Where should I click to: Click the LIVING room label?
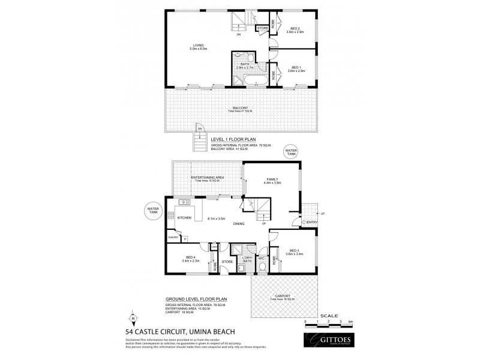pyautogui.click(x=199, y=45)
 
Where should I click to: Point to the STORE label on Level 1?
pyautogui.click(x=263, y=28)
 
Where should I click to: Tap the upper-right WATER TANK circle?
pyautogui.click(x=292, y=152)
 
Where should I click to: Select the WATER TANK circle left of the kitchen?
pyautogui.click(x=152, y=211)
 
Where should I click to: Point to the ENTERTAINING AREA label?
pyautogui.click(x=208, y=178)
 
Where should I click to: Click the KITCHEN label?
pyautogui.click(x=184, y=218)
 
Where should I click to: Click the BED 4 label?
pyautogui.click(x=182, y=258)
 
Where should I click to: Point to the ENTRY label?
pyautogui.click(x=313, y=222)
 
